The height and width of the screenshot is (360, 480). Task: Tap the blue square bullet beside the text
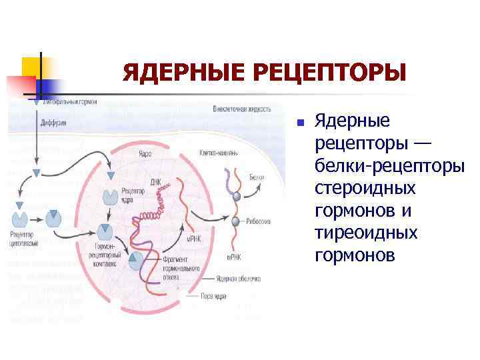click(x=301, y=123)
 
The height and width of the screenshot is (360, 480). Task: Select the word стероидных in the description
click(x=365, y=189)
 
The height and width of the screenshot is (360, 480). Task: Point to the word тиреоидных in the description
click(x=366, y=233)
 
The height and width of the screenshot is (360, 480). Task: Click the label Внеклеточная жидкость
click(x=241, y=109)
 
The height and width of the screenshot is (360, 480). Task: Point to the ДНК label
click(x=155, y=181)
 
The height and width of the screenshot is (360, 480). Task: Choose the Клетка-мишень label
click(x=219, y=153)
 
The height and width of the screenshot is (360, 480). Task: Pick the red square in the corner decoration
click(x=20, y=85)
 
